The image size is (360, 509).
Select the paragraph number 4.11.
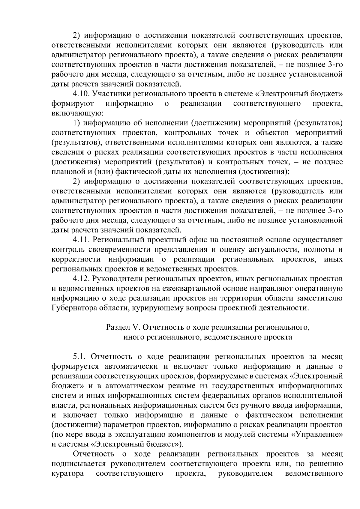point(81,240)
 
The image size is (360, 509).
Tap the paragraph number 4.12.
point(81,279)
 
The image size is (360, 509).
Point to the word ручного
point(272,406)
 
